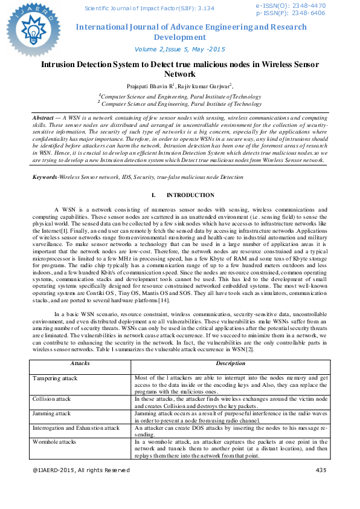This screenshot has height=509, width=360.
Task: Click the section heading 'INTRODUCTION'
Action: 190,178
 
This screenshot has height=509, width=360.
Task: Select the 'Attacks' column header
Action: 80,364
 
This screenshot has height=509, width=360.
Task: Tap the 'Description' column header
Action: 230,364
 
